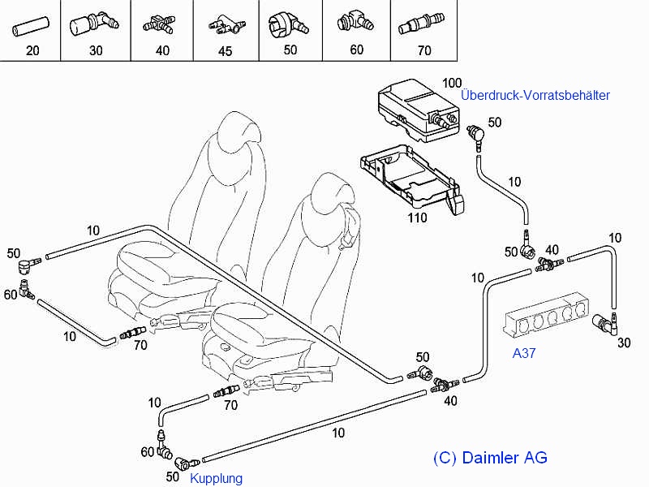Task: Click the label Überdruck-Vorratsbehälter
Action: click(535, 95)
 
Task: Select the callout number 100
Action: click(452, 83)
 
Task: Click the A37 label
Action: click(523, 353)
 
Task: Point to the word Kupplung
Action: click(216, 478)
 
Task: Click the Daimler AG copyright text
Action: click(490, 458)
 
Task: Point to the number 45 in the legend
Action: click(226, 51)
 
